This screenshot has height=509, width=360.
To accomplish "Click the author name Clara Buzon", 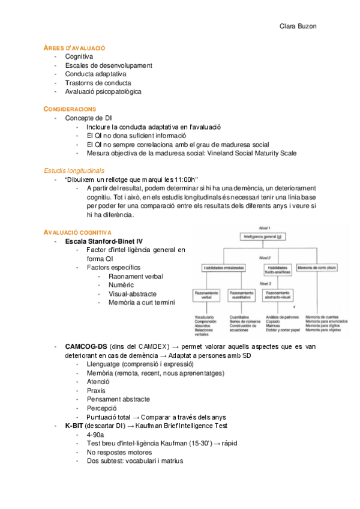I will [299, 26].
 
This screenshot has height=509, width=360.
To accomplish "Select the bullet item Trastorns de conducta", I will [98, 83].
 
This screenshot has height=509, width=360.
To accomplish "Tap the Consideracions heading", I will [70, 109].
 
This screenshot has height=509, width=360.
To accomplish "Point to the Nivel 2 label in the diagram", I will [265, 257].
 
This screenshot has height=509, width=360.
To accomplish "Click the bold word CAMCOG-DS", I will [86, 347].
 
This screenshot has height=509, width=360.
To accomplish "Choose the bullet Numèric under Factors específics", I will [121, 285].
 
